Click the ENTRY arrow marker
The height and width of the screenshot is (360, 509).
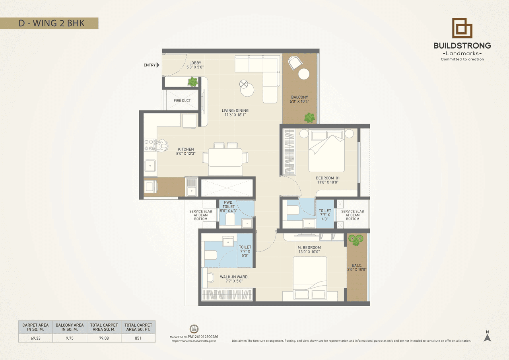158,65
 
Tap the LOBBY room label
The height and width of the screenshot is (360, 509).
195,65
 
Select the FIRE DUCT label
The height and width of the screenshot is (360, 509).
182,101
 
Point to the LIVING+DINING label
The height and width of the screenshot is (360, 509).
236,113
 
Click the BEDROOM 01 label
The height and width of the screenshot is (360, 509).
328,180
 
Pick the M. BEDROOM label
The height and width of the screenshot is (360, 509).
309,249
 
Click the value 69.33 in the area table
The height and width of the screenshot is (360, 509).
35,339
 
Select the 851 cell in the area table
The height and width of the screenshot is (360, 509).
138,339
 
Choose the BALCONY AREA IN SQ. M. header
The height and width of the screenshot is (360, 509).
70,327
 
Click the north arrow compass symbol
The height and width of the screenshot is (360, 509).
488,337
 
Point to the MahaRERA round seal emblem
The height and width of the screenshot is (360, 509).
194,329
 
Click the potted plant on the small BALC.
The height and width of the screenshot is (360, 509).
356,239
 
